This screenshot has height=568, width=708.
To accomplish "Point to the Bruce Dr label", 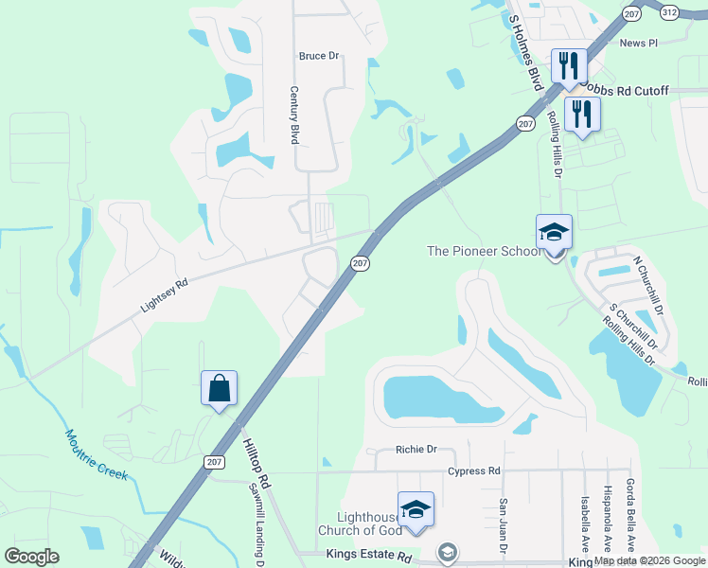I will (318, 56).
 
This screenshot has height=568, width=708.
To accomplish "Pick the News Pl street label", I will (638, 44).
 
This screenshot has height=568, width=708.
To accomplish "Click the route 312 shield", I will (669, 12).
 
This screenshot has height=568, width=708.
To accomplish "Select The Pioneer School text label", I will (484, 251).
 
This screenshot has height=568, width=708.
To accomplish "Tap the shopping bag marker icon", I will (219, 388).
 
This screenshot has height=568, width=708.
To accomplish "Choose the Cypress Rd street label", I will (474, 470).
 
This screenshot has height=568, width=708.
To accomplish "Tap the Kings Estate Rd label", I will (368, 555).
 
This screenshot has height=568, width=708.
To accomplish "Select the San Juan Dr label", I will (504, 526).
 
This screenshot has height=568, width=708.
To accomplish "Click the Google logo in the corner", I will (31, 557).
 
